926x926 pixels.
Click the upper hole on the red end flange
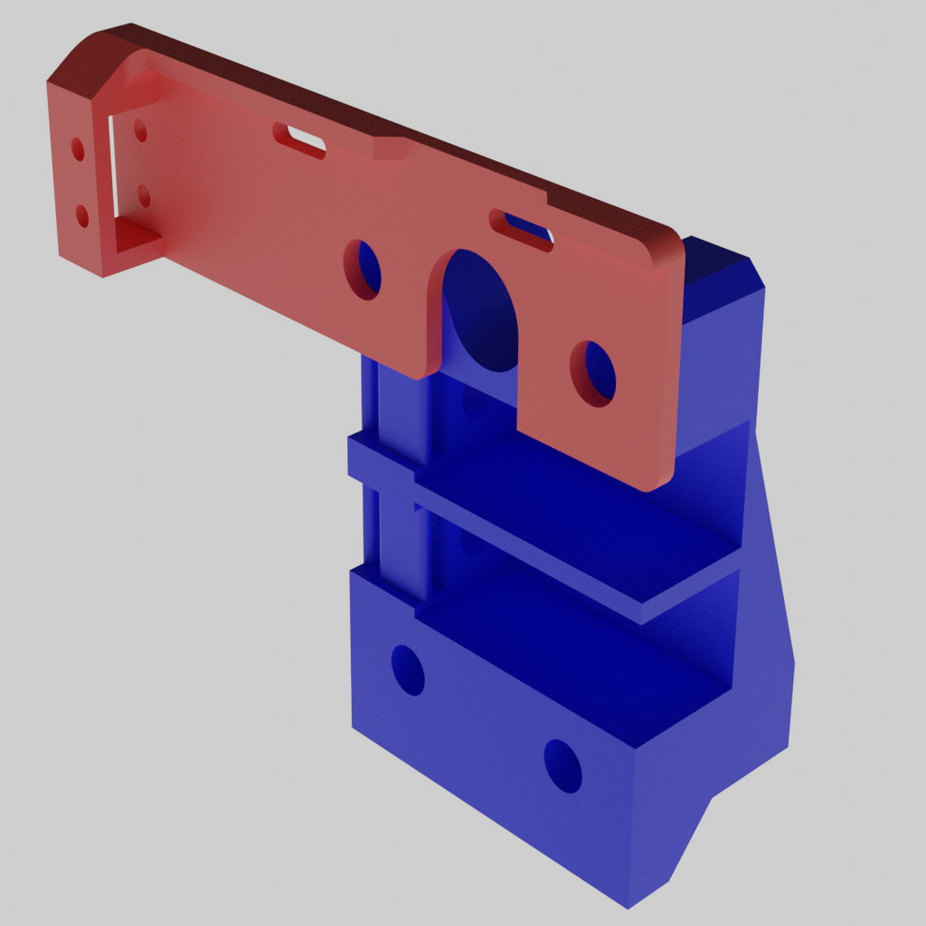[78, 149]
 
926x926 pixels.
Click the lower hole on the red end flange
[82, 215]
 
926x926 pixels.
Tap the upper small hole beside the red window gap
[140, 131]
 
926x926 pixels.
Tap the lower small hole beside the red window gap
[143, 195]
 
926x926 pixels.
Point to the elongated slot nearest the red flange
[299, 139]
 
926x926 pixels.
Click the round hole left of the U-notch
[363, 269]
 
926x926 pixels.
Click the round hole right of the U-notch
[593, 373]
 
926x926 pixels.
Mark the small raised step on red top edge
[391, 147]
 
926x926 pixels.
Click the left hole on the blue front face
[408, 670]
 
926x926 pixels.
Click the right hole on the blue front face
[562, 767]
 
